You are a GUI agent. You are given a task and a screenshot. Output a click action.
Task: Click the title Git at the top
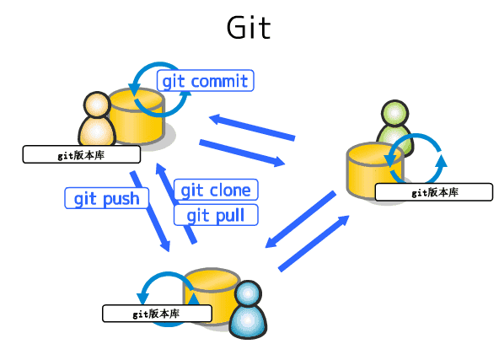click(249, 27)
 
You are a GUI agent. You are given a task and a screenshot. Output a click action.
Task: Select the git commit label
click(205, 81)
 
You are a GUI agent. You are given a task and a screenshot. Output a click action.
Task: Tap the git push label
click(107, 198)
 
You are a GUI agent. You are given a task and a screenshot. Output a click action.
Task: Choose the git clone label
click(216, 190)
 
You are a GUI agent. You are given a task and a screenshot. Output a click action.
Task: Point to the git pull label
click(216, 215)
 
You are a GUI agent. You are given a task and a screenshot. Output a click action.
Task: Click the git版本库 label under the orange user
click(81, 154)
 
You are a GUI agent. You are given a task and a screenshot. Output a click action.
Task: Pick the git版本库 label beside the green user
click(434, 192)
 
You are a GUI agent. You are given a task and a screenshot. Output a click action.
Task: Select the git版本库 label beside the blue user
click(156, 313)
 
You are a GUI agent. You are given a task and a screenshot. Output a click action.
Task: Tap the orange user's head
click(97, 105)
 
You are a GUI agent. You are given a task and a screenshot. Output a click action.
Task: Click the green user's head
click(394, 113)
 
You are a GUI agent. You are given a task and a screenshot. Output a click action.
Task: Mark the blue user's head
click(249, 295)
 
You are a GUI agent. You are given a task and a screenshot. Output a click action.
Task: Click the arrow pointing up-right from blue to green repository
click(314, 243)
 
